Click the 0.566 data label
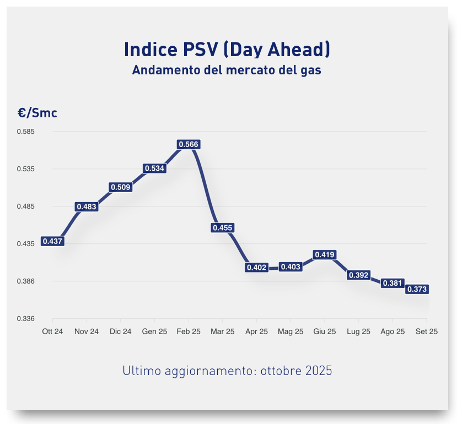coord(189,144)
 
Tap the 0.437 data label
coord(53,241)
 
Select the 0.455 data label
coord(223,227)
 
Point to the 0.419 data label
coord(324,254)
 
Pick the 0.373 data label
coord(417,289)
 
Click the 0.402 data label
coord(257,267)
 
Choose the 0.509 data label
coord(121,187)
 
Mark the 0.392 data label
coord(358,275)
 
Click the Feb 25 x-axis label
coord(189,331)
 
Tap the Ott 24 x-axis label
coord(53,331)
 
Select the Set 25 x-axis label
coord(426,331)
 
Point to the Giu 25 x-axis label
coord(324,331)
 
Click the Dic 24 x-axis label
coord(121,331)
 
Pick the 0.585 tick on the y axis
coord(26,132)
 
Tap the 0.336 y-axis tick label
coord(26,319)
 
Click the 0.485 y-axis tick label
coord(26,206)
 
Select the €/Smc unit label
coord(37,113)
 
